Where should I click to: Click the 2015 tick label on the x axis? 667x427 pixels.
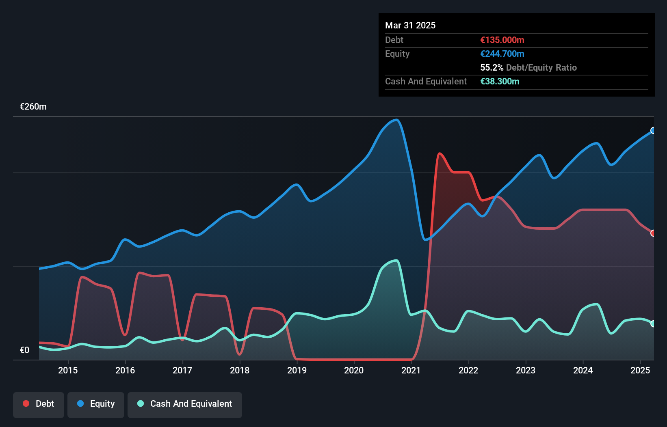[x=68, y=370]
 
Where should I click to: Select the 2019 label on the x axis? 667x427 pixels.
[x=297, y=370]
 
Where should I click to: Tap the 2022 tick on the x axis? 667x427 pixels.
[x=468, y=370]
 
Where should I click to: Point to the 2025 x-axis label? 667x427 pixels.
[x=640, y=370]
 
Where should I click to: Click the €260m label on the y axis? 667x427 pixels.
[x=33, y=107]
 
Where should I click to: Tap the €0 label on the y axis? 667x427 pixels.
[x=24, y=350]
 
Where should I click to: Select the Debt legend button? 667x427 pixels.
[x=39, y=404]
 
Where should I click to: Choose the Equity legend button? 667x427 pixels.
[x=96, y=404]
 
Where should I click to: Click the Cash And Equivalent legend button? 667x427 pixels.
[x=185, y=404]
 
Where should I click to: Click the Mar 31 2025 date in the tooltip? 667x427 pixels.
[x=410, y=25]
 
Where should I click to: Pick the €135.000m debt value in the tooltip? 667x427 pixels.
[x=502, y=40]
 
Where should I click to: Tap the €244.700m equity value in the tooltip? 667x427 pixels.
[x=502, y=54]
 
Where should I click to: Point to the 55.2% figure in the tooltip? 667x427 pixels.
[x=492, y=67]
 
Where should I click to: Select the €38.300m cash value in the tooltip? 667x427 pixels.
[x=500, y=81]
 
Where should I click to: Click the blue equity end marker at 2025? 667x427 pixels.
[x=653, y=130]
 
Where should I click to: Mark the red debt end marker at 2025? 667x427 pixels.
[x=653, y=233]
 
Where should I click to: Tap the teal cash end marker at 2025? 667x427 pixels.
[x=653, y=323]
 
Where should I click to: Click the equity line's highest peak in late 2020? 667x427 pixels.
[x=396, y=120]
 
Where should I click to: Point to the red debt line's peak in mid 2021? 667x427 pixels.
[x=440, y=153]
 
